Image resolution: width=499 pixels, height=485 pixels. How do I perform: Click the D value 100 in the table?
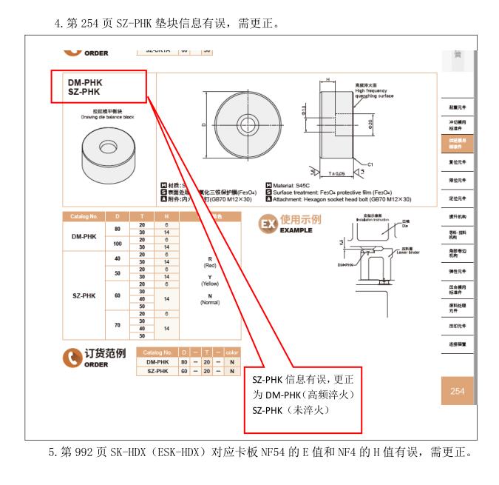click(117, 244)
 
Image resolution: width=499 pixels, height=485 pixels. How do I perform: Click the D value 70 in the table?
click(117, 323)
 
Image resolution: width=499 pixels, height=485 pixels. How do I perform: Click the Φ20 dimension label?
click(370, 126)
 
